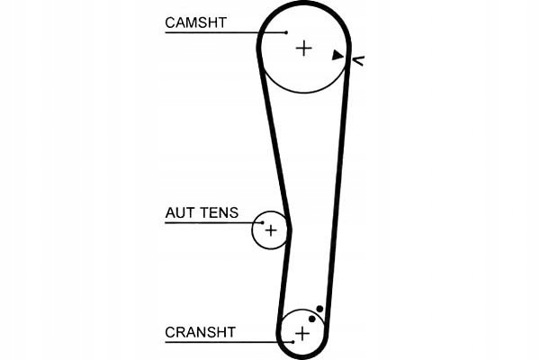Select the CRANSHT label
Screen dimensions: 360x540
pos(200,332)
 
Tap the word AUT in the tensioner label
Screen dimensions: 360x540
pos(178,213)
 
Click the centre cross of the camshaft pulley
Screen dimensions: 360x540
pos(303,48)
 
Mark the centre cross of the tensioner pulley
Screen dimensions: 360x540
pos(270,230)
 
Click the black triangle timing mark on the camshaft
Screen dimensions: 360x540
pos(337,55)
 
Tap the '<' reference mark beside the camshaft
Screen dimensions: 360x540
pos(357,60)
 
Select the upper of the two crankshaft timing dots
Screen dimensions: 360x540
pos(319,309)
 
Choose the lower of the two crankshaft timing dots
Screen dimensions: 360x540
pos(311,318)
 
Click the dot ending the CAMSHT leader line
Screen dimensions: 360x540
pos(286,32)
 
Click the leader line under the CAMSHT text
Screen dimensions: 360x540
pos(216,32)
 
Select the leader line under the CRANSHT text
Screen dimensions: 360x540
pos(225,342)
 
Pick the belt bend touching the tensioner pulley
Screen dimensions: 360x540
pos(288,220)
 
